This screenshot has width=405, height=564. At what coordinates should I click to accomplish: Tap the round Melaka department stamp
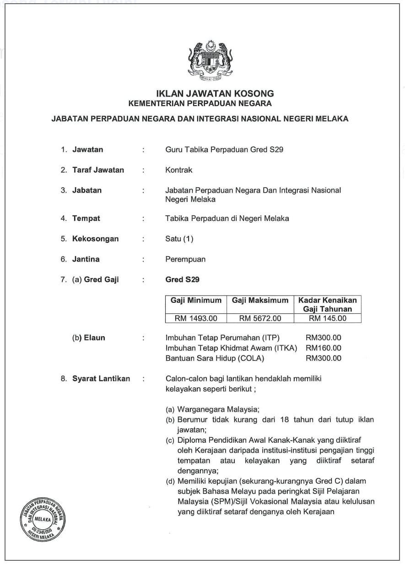click(42, 518)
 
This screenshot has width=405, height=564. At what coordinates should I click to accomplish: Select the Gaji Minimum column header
click(196, 301)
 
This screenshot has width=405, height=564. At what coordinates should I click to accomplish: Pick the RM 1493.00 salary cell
click(196, 318)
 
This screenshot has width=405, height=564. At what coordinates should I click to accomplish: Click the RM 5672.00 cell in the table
click(260, 318)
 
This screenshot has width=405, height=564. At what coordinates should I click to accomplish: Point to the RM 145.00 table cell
click(327, 318)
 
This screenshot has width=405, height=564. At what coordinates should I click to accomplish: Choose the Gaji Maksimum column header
click(260, 301)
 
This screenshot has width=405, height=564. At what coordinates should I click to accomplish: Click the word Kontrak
click(179, 170)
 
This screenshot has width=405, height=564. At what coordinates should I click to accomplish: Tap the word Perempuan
click(185, 259)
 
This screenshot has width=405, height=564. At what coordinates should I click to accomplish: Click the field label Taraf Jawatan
click(98, 170)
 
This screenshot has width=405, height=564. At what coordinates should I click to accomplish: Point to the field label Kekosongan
click(95, 239)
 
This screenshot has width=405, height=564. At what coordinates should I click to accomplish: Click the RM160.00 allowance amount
click(324, 348)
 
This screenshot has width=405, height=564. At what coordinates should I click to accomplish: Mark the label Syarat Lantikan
click(101, 379)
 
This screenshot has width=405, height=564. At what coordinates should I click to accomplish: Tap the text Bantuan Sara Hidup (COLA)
click(215, 358)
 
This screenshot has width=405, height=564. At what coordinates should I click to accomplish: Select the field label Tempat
click(86, 219)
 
